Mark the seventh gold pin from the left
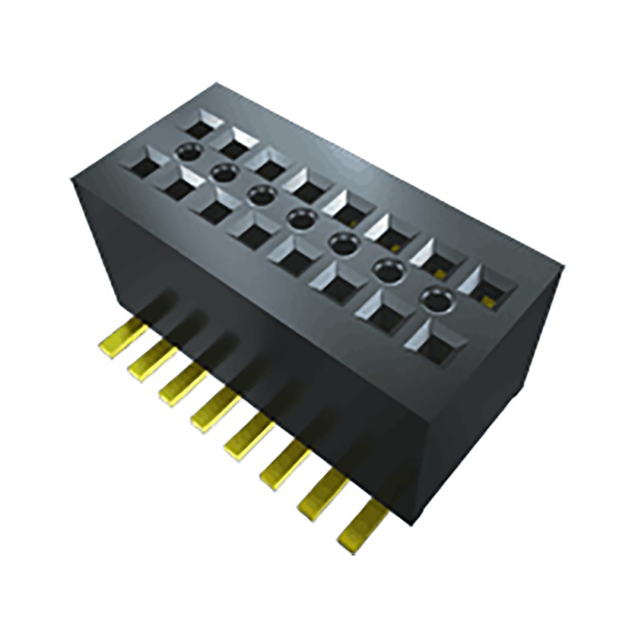(321, 496)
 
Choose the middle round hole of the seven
(299, 219)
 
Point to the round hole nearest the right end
(434, 300)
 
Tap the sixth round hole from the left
(387, 271)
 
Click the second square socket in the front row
(178, 186)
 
